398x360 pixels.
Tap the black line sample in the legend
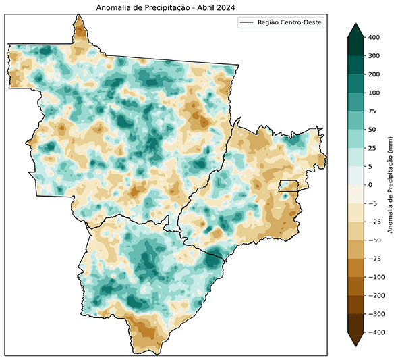click(250, 22)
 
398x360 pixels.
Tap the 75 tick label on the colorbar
click(373, 111)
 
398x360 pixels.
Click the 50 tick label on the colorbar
click(373, 129)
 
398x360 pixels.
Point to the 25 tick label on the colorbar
click(373, 148)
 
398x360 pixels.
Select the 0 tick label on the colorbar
click(371, 184)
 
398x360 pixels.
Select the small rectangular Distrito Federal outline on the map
click(289, 186)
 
